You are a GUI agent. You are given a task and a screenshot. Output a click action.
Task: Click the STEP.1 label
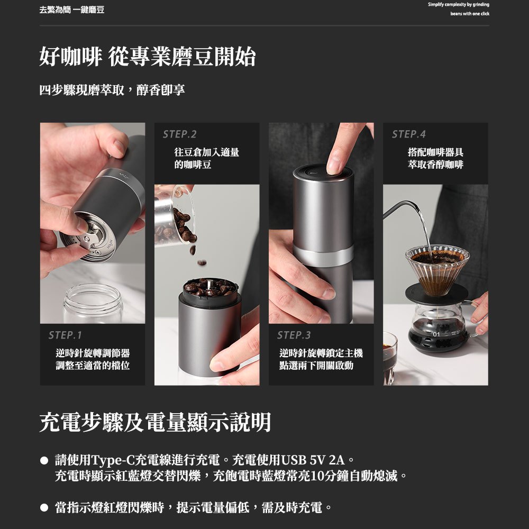[x=65, y=335]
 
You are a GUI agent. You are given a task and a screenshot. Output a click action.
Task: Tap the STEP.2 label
[x=179, y=134]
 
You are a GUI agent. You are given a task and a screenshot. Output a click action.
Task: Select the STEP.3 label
[x=294, y=335]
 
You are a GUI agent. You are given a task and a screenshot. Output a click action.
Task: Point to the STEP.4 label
[x=408, y=134]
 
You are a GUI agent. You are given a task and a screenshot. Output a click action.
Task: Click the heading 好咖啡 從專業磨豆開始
[x=148, y=57]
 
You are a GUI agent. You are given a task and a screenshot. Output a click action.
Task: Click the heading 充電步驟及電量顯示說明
[x=155, y=422]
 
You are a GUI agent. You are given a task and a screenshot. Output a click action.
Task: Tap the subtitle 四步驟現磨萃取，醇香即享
[x=112, y=90]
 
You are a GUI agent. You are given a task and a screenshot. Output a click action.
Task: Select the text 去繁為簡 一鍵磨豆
[x=72, y=10]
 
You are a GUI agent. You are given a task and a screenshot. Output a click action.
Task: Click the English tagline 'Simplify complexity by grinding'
[x=459, y=5]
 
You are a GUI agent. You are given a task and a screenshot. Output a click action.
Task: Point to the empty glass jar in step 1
[x=93, y=304]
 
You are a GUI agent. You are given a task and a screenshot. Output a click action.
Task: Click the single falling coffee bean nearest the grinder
[x=202, y=262]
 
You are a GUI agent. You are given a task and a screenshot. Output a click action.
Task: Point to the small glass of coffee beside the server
[x=390, y=358]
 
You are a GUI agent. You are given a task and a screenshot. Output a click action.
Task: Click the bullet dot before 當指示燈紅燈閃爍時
[x=44, y=507]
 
